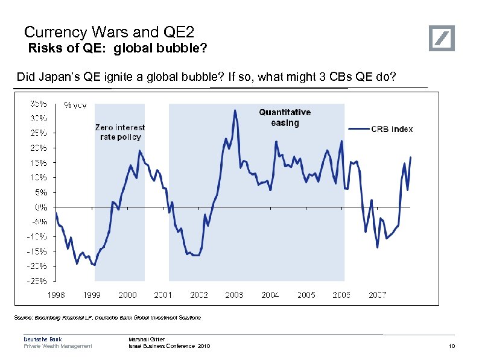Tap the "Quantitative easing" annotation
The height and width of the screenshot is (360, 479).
285,118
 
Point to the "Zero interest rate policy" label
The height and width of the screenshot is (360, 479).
120,132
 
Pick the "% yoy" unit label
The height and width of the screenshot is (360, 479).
75,104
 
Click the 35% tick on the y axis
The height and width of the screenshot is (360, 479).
40,103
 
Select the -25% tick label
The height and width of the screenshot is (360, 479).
40,280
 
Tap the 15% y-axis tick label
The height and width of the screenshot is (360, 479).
40,162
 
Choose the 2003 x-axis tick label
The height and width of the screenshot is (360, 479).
235,295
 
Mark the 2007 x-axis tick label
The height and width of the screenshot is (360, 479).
378,295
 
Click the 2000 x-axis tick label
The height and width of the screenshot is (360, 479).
127,295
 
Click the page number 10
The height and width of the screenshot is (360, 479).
451,346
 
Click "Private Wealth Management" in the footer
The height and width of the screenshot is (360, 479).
58,346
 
